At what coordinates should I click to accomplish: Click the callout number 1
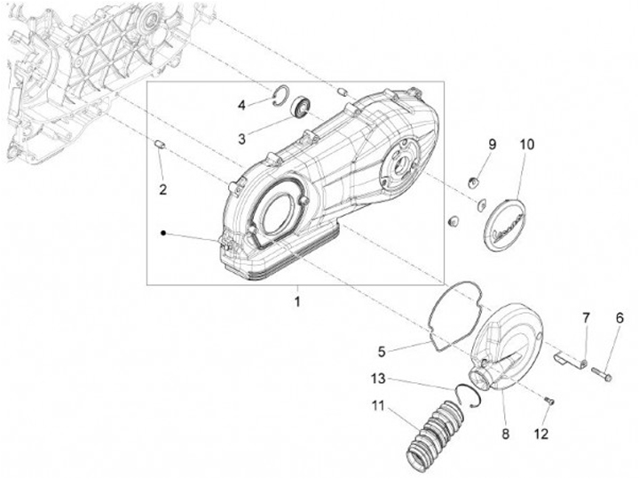(297, 301)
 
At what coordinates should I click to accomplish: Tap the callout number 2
(162, 188)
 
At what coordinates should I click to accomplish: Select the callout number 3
(241, 138)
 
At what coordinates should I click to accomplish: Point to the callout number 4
(241, 106)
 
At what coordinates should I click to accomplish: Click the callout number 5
(382, 350)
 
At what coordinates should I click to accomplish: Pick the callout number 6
(619, 317)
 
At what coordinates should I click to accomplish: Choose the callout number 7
(586, 317)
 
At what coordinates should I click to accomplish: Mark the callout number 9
(491, 144)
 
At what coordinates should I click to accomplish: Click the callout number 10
(527, 144)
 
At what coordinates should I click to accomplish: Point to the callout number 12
(541, 435)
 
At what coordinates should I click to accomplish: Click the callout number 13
(378, 379)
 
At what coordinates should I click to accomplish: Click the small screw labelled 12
(549, 403)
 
